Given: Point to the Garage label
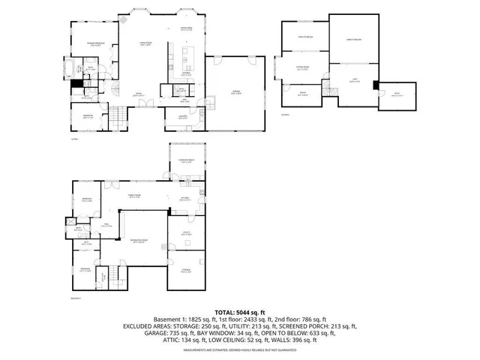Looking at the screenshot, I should point(236,92).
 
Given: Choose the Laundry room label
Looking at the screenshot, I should point(182,116).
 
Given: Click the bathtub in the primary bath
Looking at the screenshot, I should point(71,71).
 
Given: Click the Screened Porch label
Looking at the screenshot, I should point(187,160).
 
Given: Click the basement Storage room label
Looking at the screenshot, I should point(187,271).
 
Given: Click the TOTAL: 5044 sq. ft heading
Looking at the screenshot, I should point(240,312).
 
